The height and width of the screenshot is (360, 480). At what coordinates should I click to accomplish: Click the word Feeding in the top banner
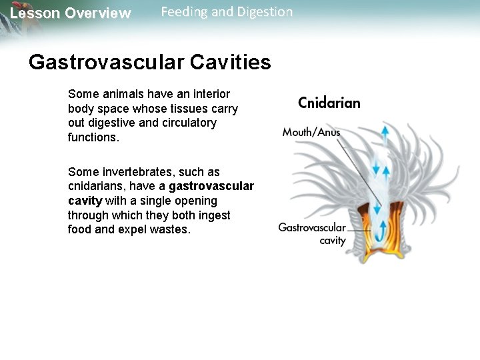[x=183, y=12]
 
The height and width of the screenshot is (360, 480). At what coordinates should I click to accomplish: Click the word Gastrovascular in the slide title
[x=107, y=62]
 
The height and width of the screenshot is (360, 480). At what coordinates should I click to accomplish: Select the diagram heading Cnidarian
[x=329, y=103]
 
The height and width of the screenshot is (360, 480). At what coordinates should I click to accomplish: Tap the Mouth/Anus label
[x=311, y=132]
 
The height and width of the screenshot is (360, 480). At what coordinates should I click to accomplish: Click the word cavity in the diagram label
[x=333, y=240]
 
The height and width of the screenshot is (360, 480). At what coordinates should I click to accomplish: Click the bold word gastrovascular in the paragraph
[x=211, y=186]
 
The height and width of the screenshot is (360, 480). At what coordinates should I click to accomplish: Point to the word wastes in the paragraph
[x=171, y=229]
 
